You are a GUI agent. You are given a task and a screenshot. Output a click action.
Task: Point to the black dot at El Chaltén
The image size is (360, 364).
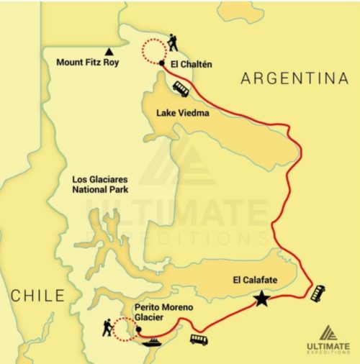[x=163, y=64]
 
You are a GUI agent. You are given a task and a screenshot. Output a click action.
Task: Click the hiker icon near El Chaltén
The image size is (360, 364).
[x=173, y=43]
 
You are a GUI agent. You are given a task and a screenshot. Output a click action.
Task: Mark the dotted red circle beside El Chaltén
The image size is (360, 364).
[x=153, y=51]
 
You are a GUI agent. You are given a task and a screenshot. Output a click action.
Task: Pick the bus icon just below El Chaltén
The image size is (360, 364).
[x=181, y=88]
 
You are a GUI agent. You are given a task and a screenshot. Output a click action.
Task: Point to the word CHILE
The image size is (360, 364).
[x=37, y=295]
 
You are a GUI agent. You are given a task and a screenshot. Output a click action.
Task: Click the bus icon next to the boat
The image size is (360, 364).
[x=199, y=339]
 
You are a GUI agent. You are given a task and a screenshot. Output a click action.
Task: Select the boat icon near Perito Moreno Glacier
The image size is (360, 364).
[x=153, y=343]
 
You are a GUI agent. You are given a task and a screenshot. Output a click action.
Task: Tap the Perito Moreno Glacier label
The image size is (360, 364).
[x=163, y=314]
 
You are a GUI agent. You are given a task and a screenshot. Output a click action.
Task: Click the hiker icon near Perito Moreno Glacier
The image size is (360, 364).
[x=107, y=328]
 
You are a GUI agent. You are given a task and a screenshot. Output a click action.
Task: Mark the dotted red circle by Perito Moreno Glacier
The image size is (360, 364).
[x=125, y=329]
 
